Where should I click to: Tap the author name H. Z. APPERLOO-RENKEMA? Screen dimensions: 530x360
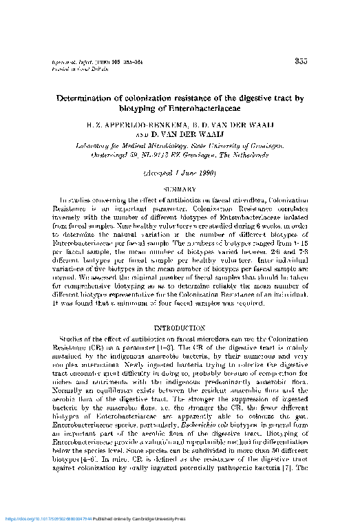pos(127,126)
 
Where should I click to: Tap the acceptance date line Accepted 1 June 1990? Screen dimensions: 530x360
pos(178,172)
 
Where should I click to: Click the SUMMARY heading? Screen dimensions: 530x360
pos(179,187)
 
